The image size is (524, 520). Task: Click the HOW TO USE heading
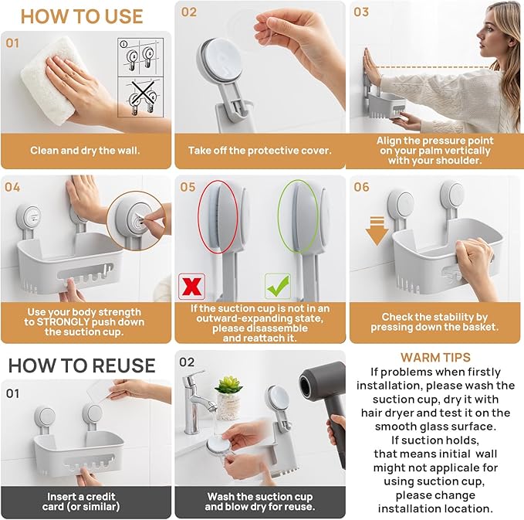pos(81,16)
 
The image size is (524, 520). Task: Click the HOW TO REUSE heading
pos(82,365)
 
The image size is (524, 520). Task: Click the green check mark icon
pos(276,285)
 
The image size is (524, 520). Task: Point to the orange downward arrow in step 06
pos(377,231)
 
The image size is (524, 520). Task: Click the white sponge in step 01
pos(44,86)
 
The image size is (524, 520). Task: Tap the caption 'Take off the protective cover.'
pos(259,151)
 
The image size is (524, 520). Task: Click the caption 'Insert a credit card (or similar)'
pos(86,501)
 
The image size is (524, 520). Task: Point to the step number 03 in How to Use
pos(361,12)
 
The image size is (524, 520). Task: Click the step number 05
pos(188,187)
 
